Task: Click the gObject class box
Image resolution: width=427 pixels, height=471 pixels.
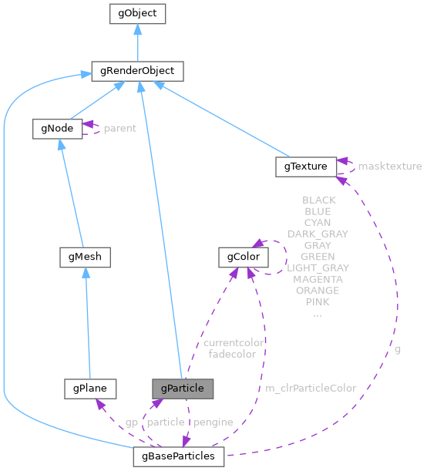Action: click(136, 13)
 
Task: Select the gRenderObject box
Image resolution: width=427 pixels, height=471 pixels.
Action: click(136, 71)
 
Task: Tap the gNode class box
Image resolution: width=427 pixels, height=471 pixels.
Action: click(57, 128)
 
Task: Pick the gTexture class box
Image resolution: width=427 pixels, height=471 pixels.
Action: click(304, 166)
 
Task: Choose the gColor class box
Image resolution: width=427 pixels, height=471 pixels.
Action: click(244, 257)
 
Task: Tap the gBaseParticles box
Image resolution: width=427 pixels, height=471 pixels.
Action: click(178, 456)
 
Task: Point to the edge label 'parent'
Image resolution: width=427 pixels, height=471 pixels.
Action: click(119, 128)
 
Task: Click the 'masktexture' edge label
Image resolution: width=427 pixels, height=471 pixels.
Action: click(389, 166)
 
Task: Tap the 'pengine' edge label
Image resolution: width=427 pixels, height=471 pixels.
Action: click(213, 422)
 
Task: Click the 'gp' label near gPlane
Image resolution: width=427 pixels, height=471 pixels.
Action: click(132, 422)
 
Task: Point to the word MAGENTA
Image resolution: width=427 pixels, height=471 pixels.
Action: click(318, 279)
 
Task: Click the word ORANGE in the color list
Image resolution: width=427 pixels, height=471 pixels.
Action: click(318, 291)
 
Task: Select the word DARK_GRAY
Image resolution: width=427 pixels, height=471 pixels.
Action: click(318, 234)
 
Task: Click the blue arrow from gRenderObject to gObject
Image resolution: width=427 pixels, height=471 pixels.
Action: click(136, 42)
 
